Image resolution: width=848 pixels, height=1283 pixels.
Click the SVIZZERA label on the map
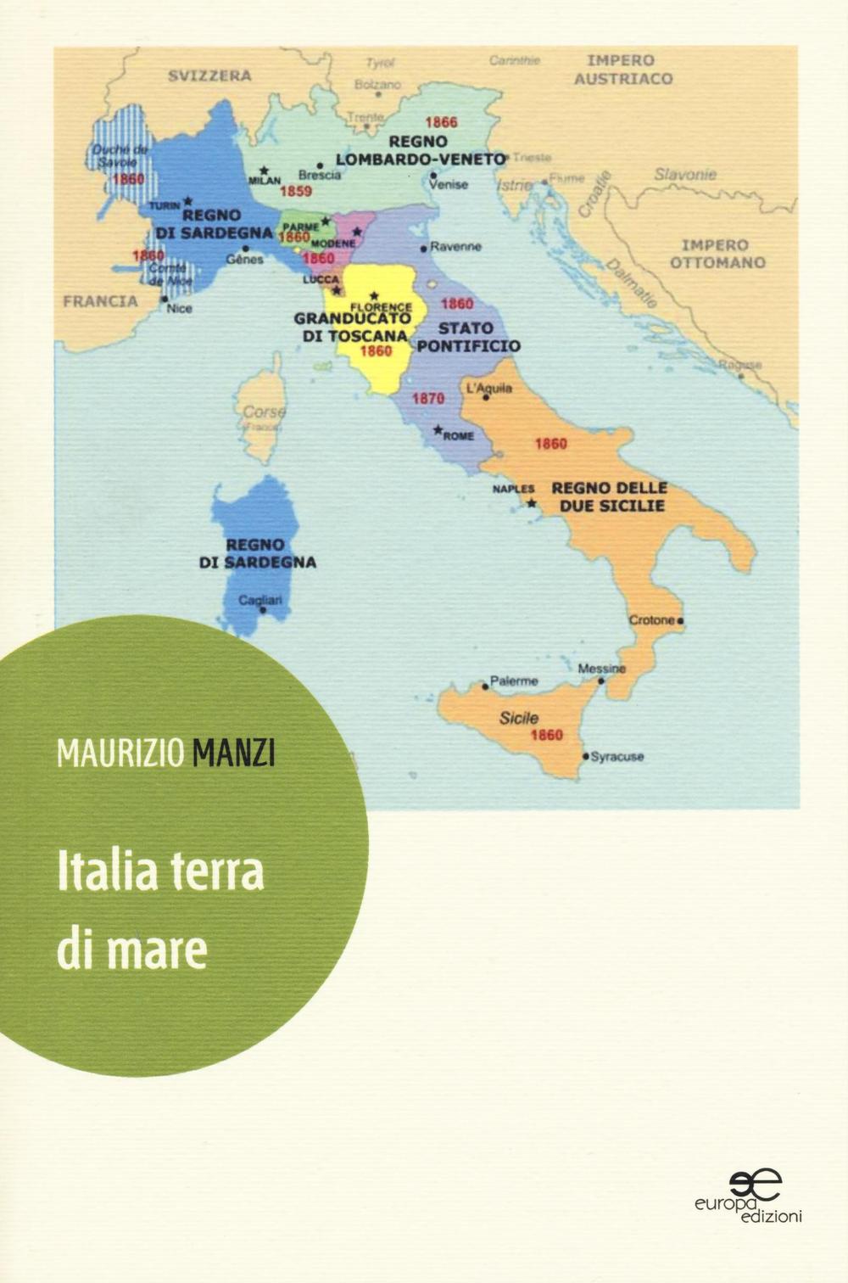pos(209,75)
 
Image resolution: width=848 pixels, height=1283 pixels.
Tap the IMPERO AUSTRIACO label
pos(623,70)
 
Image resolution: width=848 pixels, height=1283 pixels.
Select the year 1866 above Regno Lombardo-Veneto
pos(441,122)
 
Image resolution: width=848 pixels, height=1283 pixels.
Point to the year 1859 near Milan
pos(296,192)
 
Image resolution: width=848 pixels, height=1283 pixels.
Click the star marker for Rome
pos(438,430)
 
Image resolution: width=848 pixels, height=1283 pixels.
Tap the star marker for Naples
pos(532,503)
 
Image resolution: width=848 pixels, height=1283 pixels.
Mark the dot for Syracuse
pos(585,754)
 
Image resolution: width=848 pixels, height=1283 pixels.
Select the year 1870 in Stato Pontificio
pos(428,397)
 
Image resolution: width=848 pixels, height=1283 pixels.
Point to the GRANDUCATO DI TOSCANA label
pos(352,326)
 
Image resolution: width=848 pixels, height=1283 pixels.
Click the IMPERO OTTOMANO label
pos(717,254)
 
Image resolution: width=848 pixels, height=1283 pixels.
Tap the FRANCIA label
pos(101,301)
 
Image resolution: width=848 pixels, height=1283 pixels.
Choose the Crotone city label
pos(651,620)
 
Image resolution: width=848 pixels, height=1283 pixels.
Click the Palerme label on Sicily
pos(515,681)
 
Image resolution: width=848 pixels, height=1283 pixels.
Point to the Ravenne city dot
pos(424,249)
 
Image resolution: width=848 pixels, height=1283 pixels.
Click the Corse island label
pos(264,412)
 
